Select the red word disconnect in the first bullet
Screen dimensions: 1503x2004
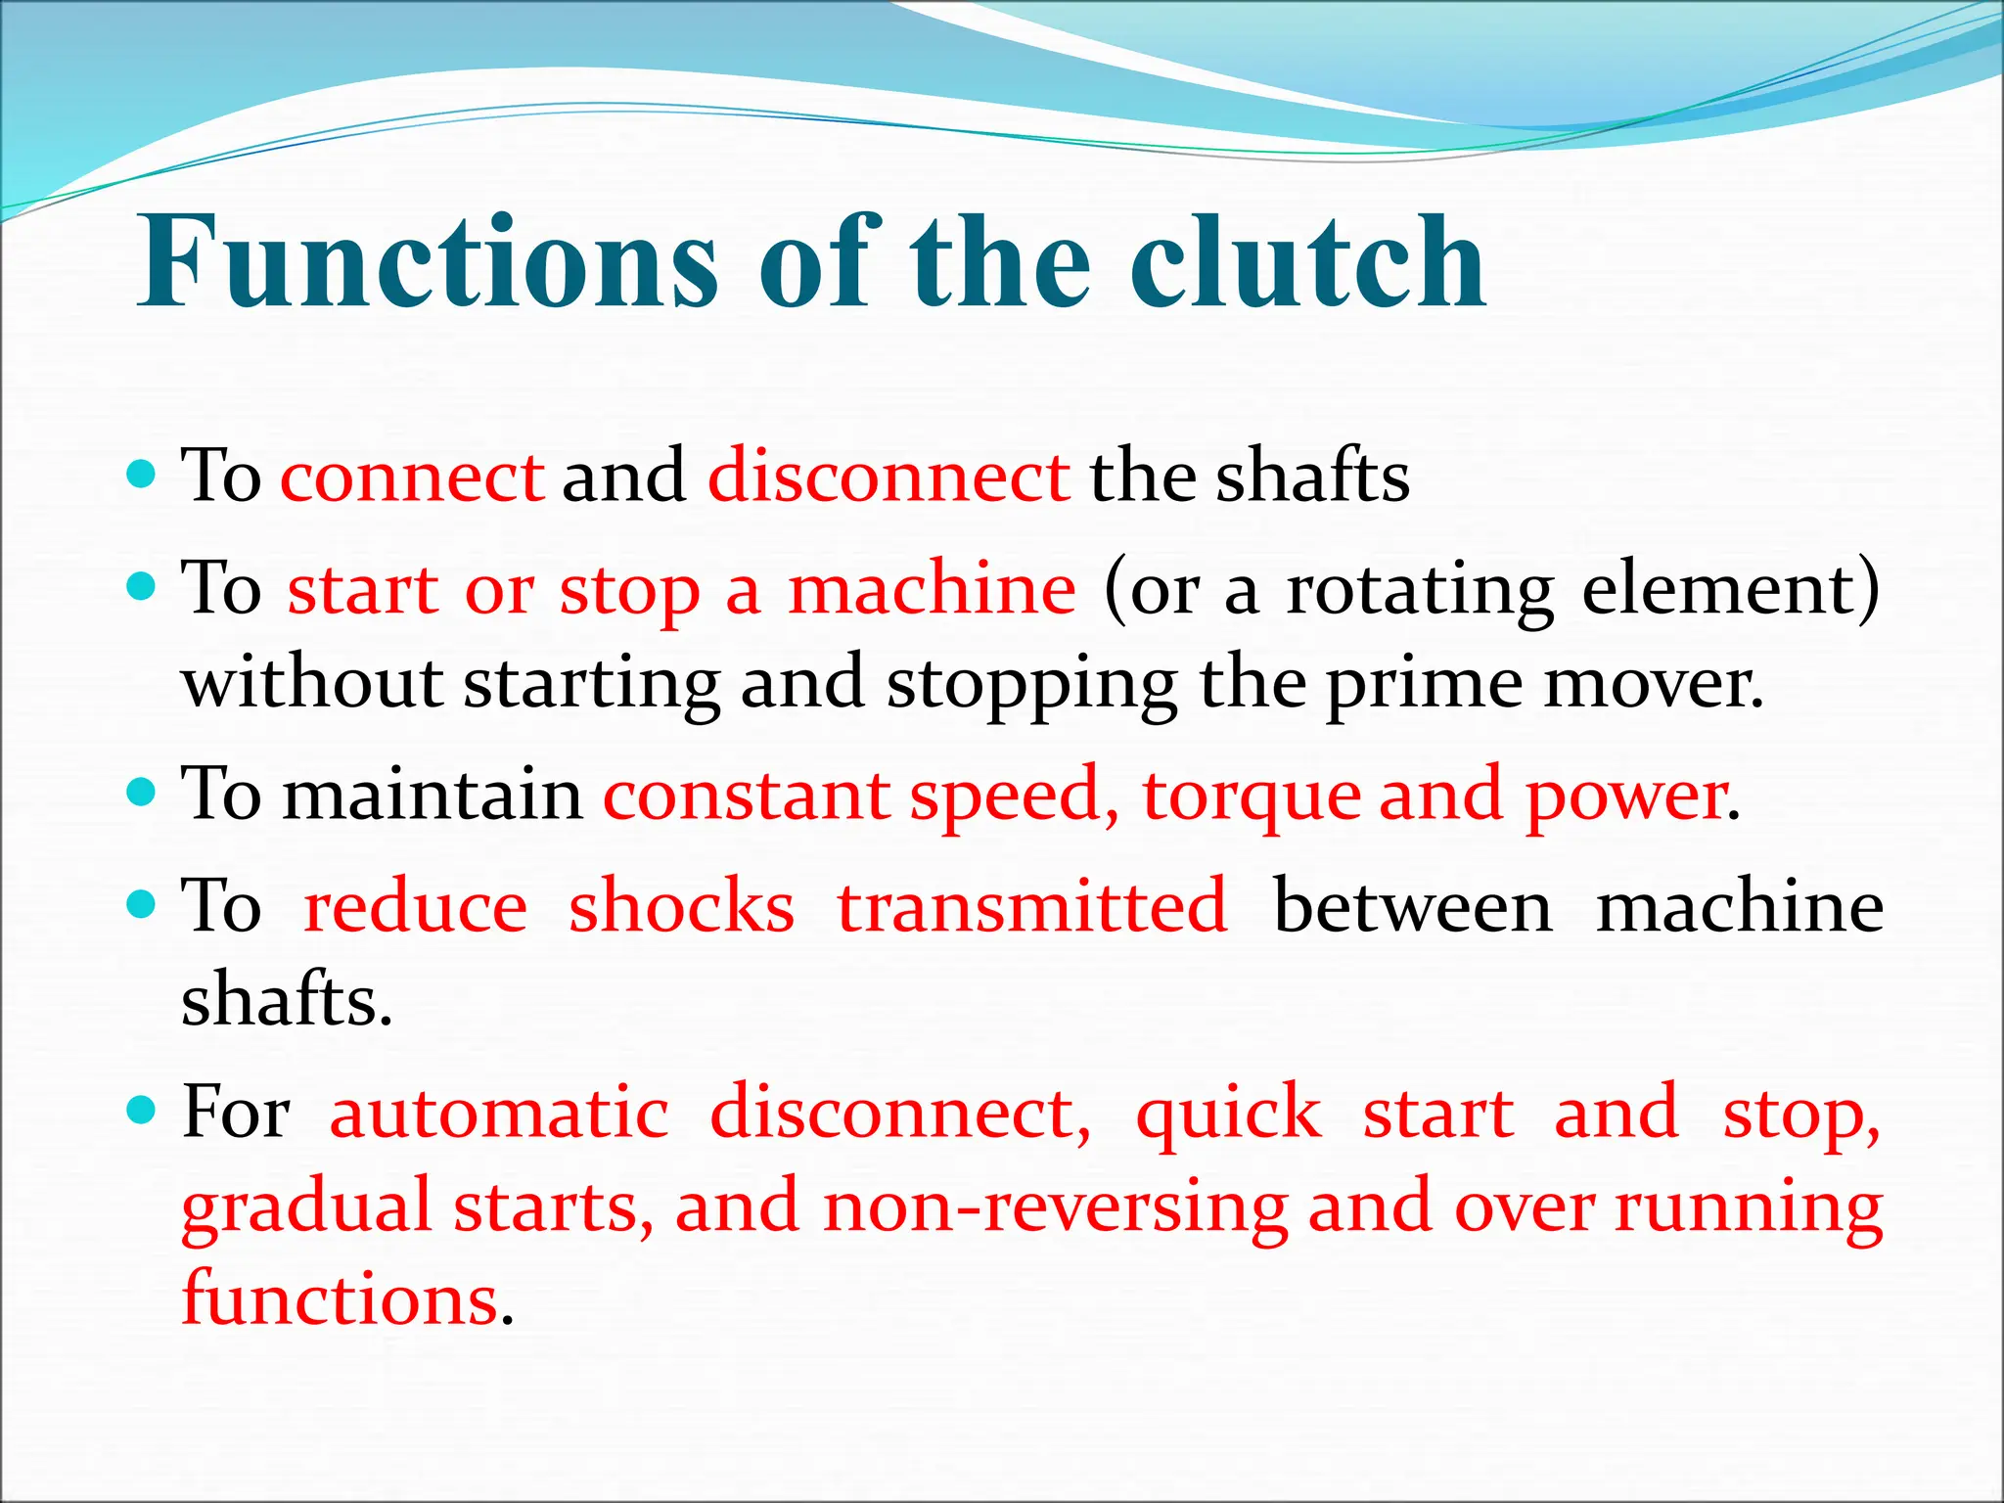pos(888,477)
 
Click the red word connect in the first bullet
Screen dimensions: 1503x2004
pos(412,477)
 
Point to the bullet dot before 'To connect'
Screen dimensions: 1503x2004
pos(142,476)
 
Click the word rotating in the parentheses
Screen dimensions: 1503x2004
pos(1420,590)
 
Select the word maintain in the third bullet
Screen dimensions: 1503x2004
pos(433,794)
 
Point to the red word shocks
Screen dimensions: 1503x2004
pos(681,906)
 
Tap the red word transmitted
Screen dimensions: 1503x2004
pos(1032,906)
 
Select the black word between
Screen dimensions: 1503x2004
pos(1413,906)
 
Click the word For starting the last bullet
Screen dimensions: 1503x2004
pos(236,1113)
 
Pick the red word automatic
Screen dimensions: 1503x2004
pos(499,1113)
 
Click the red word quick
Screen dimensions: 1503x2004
pos(1228,1113)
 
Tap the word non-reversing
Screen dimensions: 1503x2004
pos(1055,1207)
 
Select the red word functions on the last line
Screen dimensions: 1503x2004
pos(341,1299)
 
